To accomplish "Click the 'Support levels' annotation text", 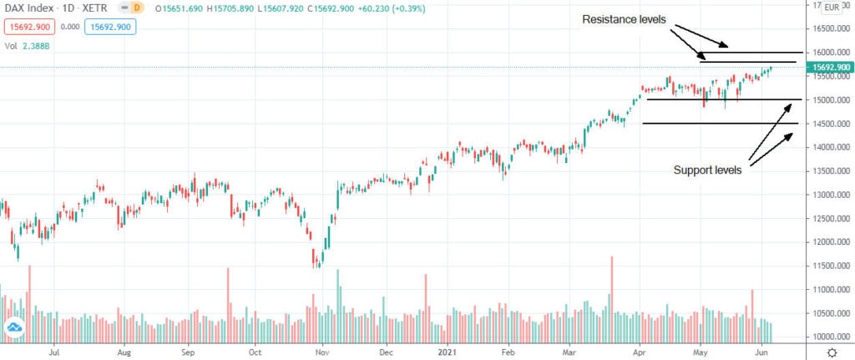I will point(708,170).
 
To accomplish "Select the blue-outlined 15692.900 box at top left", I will point(110,27).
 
